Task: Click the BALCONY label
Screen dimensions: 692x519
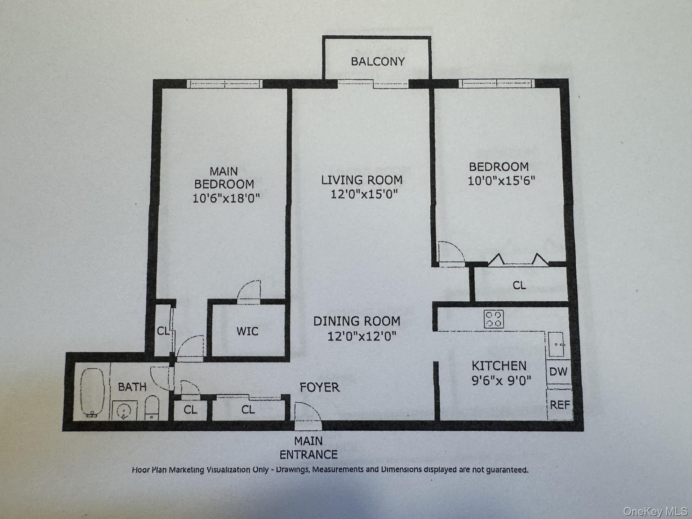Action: [378, 61]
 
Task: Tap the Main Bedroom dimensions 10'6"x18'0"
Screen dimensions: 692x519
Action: [226, 198]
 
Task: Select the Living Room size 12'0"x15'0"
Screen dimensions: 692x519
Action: [364, 194]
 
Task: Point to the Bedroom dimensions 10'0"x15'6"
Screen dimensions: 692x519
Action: [501, 181]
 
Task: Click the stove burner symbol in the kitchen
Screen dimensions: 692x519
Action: [494, 319]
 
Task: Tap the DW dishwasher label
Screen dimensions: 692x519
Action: [558, 371]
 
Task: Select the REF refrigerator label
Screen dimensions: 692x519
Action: [560, 405]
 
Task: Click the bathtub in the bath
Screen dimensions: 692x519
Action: [92, 392]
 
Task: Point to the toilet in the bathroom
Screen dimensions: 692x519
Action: [152, 408]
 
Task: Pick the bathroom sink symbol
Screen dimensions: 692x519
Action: [124, 410]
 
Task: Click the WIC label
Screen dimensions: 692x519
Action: [247, 331]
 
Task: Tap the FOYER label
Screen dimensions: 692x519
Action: [320, 387]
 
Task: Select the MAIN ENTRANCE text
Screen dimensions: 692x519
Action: [309, 448]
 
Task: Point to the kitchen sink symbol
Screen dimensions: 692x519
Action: [556, 345]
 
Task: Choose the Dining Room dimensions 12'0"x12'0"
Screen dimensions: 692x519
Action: [361, 336]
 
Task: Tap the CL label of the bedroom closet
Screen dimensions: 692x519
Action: [519, 285]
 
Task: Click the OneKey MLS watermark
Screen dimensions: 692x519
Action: [655, 511]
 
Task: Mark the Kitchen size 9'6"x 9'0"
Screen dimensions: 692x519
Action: [501, 380]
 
